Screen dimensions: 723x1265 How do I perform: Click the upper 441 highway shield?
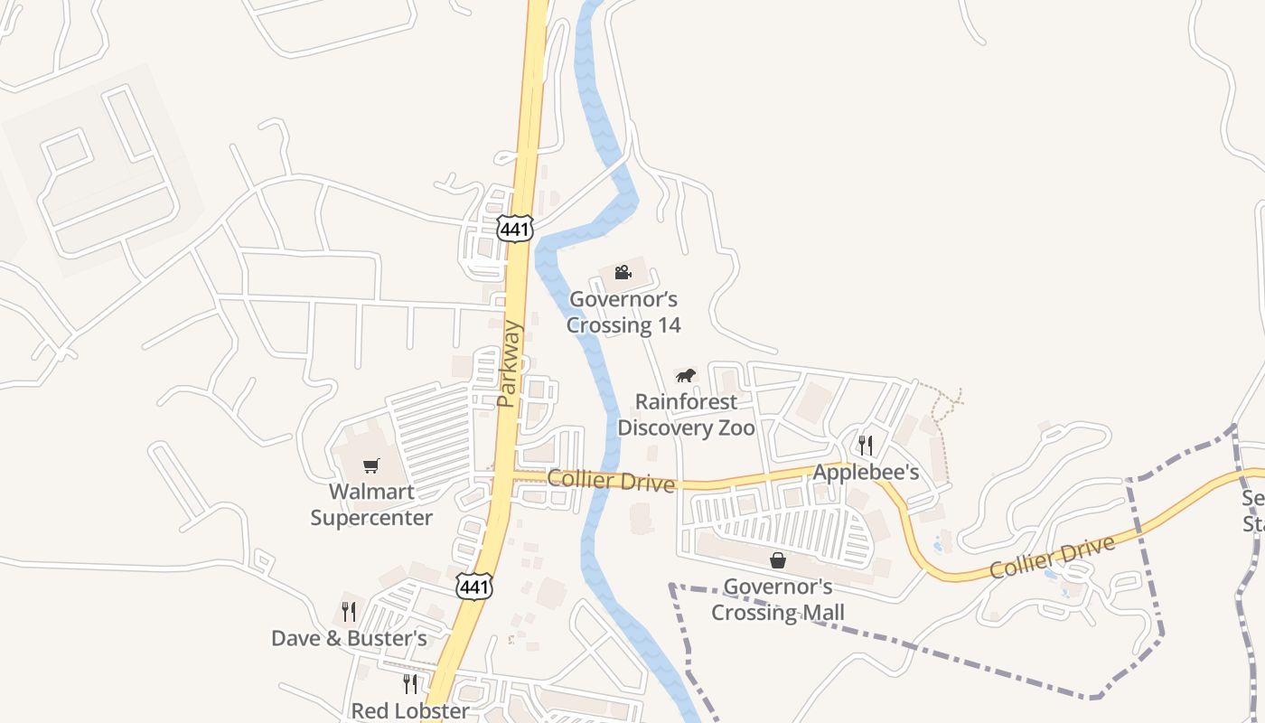[x=514, y=229]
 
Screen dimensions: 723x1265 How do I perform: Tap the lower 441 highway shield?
[x=474, y=587]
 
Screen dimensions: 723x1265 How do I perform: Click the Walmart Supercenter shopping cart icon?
[x=370, y=466]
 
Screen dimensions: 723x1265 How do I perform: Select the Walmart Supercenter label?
[x=371, y=505]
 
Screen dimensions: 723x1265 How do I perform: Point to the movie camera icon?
[x=623, y=272]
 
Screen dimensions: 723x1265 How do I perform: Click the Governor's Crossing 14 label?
[x=623, y=312]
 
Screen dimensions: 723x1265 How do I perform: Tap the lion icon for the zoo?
[x=687, y=375]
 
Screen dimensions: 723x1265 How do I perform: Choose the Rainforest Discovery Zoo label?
[x=686, y=415]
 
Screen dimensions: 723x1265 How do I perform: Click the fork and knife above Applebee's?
[x=866, y=445]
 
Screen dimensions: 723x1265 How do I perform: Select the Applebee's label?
[x=866, y=473]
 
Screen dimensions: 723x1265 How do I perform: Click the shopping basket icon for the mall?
[x=778, y=560]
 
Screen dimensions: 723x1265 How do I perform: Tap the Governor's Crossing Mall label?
[x=778, y=600]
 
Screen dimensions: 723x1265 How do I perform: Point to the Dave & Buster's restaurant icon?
[x=349, y=612]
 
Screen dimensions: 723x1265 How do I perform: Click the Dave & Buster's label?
[x=349, y=639]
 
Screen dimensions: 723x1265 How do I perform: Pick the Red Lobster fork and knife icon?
[x=410, y=683]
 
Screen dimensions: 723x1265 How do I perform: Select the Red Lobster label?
[x=410, y=710]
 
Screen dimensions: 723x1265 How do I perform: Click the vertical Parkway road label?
[x=509, y=363]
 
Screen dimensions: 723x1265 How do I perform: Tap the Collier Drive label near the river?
[x=611, y=481]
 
